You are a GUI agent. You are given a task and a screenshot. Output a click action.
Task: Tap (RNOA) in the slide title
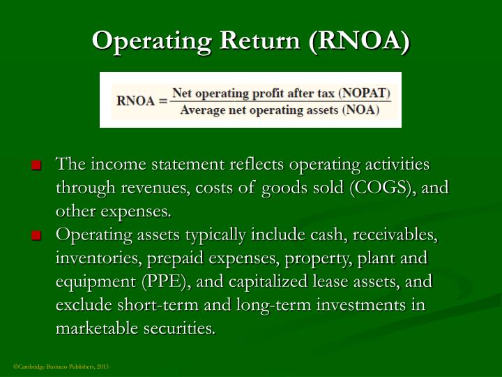coord(360,40)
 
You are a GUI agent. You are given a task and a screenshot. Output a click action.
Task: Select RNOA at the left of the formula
coord(135,101)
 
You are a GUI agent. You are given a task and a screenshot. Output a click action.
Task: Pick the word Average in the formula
coord(202,110)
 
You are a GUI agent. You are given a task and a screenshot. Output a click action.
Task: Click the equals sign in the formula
coord(163,101)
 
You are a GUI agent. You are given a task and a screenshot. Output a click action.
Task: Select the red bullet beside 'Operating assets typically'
coord(37,235)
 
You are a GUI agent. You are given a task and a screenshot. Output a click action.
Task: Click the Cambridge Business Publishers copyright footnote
coord(61,367)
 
